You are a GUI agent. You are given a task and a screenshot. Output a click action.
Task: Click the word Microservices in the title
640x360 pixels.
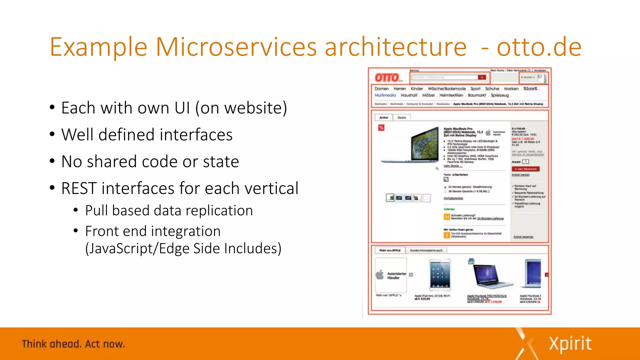[x=236, y=47]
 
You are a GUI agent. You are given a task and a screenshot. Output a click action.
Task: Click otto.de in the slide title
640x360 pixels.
[x=539, y=47]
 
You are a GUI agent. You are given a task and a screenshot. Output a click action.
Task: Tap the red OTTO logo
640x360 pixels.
[x=387, y=77]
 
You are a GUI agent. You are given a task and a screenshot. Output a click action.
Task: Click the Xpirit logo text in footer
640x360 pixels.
[x=570, y=344]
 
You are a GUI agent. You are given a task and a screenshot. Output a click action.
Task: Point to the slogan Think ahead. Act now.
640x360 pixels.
[x=73, y=344]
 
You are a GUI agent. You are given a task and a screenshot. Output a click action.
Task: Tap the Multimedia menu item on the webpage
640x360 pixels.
[x=385, y=95]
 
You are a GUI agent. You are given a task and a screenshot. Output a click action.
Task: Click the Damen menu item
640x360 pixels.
[x=382, y=89]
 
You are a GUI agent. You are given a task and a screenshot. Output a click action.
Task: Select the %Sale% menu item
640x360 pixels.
[x=530, y=89]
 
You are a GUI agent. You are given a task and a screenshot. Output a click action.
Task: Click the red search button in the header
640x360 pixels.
[x=482, y=77]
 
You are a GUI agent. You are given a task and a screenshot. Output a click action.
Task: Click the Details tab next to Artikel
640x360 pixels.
[x=402, y=117]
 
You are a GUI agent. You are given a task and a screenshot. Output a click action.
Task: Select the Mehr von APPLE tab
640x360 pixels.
[x=390, y=250]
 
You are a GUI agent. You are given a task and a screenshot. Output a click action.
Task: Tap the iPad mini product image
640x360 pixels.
[x=440, y=275]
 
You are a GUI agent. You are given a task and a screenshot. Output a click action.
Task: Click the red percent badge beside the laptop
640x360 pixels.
[x=381, y=127]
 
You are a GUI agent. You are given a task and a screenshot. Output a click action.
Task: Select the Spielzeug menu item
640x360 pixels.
[x=500, y=95]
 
